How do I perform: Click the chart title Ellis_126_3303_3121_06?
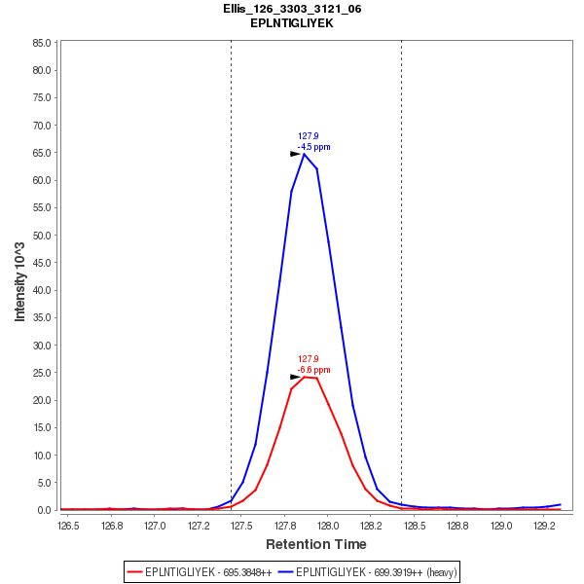(292, 9)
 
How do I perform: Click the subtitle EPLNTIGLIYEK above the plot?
(292, 22)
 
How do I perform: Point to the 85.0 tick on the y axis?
(42, 43)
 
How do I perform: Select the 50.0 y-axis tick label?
(42, 236)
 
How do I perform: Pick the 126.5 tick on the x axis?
(69, 526)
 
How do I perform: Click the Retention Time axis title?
(316, 544)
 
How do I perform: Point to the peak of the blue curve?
(305, 154)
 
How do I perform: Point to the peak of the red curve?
(306, 376)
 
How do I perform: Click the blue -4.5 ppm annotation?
(314, 147)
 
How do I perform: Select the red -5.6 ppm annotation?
(314, 370)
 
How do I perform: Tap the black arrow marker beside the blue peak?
(295, 154)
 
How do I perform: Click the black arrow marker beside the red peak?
(295, 377)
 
